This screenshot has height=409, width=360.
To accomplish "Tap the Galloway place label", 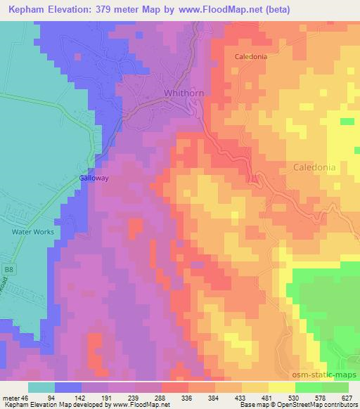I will pyautogui.click(x=93, y=178).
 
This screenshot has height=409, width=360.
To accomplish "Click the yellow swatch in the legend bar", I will pyautogui.click(x=281, y=387).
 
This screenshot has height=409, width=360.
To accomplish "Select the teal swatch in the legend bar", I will pyautogui.click(x=41, y=387).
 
